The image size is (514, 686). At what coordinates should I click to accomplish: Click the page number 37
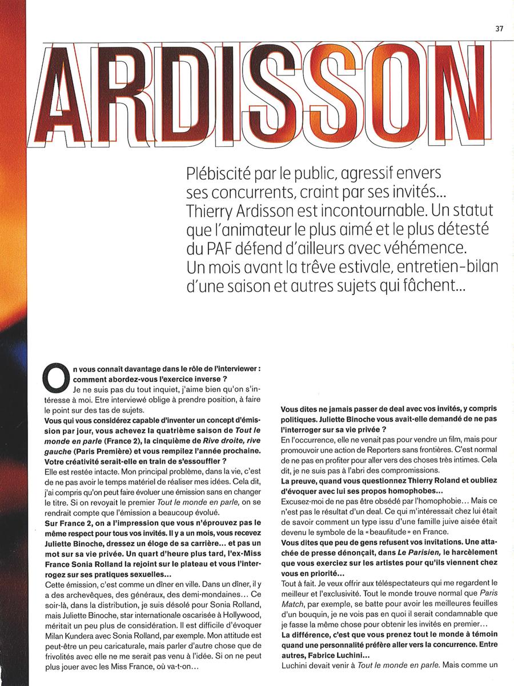(x=499, y=29)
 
